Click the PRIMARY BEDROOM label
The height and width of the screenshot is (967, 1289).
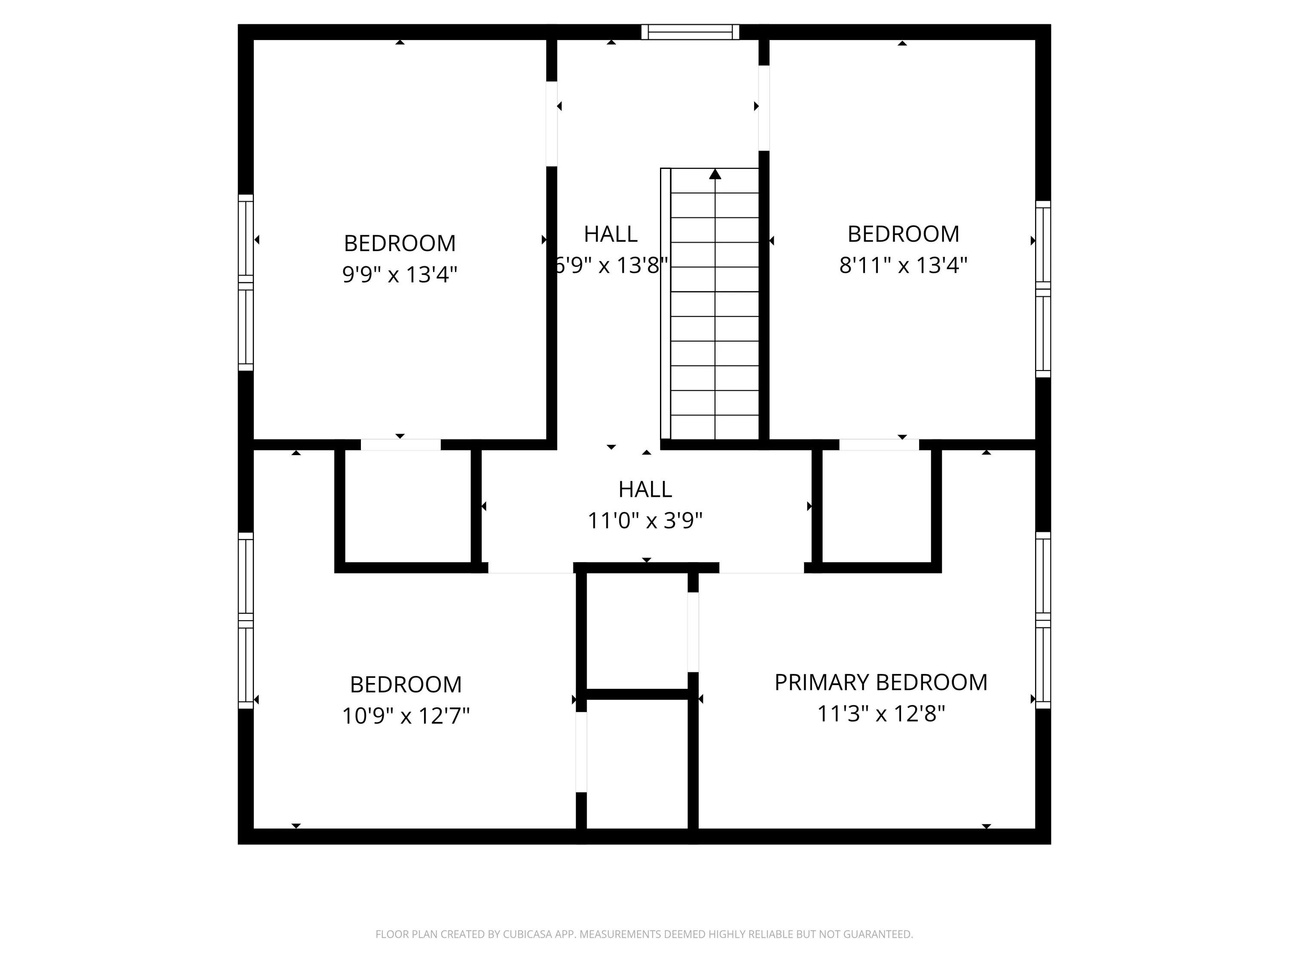pos(880,682)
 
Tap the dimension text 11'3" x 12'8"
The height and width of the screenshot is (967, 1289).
pos(880,713)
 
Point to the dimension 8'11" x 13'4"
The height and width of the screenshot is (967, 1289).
pos(903,265)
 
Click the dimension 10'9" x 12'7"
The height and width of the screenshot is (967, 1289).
pos(406,716)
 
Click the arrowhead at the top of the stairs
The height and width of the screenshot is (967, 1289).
pos(715,174)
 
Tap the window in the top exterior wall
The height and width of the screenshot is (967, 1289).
pos(690,32)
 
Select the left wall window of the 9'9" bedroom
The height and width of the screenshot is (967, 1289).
pos(246,283)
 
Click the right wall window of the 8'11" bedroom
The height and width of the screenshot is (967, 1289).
pos(1043,289)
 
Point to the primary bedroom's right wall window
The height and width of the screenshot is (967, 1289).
pos(1043,620)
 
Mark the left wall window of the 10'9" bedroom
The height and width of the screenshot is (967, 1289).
pos(246,621)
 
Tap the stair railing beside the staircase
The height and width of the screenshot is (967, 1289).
pos(666,303)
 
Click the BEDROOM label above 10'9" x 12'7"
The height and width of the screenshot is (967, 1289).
pos(406,684)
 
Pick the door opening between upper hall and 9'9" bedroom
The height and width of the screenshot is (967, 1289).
pos(552,124)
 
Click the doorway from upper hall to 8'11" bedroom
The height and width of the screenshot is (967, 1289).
pos(764,108)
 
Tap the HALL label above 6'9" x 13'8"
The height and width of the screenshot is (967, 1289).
pos(611,234)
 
